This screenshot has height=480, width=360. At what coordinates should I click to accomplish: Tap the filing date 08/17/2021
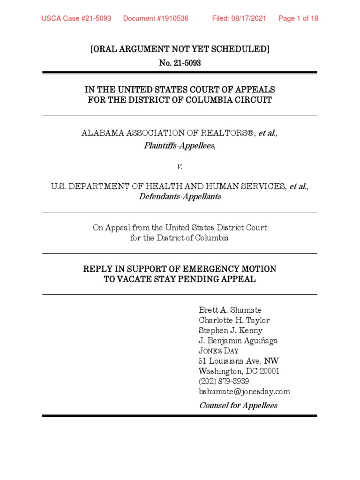[249, 19]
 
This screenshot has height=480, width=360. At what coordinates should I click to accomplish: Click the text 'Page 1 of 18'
[298, 19]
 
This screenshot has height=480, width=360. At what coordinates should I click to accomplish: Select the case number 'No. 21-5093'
[180, 63]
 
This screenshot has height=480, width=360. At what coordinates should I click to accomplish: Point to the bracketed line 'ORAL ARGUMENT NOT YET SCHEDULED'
[180, 49]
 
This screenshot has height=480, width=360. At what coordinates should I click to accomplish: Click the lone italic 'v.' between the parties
[180, 166]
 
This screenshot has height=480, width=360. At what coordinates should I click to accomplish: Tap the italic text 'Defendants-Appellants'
[180, 197]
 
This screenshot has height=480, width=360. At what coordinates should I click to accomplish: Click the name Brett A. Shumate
[230, 310]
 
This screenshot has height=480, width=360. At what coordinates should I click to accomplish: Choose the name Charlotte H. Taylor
[234, 320]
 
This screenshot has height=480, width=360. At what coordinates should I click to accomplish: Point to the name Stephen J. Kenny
[231, 330]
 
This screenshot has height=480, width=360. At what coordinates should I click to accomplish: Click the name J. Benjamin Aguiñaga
[238, 341]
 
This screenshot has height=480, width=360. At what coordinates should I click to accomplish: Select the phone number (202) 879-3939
[224, 382]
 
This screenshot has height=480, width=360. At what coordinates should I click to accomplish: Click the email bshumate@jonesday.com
[245, 392]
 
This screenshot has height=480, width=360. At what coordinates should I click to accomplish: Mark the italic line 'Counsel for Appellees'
[238, 405]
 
